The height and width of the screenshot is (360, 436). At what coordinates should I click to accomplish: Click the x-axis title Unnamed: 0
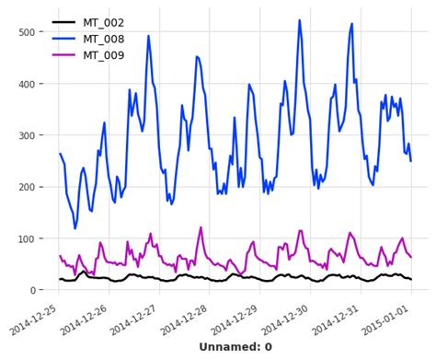(x=235, y=347)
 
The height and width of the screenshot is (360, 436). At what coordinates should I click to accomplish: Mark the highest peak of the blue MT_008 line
(x=299, y=20)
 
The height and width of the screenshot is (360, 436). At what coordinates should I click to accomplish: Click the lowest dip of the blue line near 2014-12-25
(x=75, y=228)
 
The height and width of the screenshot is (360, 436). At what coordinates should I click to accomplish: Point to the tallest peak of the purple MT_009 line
(x=201, y=227)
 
